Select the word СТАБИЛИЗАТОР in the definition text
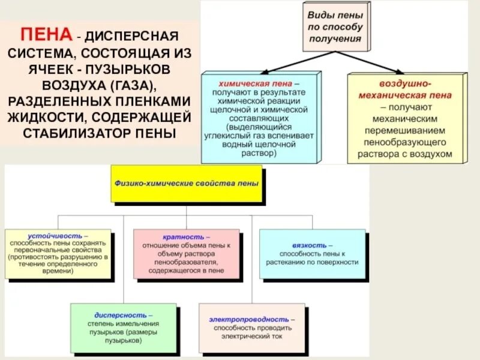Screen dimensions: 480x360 67,132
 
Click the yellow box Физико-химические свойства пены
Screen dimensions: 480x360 185,184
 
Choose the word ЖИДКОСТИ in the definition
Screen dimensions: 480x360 44,115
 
